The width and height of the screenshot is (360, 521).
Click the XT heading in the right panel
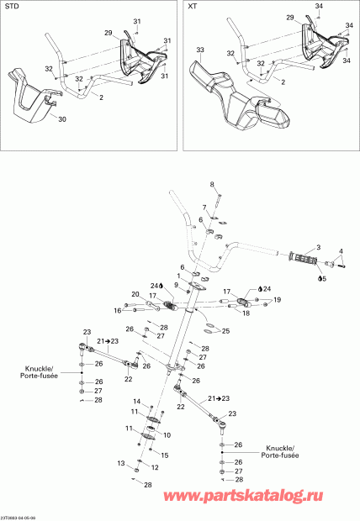[192, 6]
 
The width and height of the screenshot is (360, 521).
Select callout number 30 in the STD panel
[60, 119]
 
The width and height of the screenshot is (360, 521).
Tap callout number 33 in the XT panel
[200, 50]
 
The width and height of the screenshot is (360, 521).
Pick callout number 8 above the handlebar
[212, 184]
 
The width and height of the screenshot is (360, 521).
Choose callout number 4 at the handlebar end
[341, 250]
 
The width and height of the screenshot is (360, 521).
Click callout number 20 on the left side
[135, 293]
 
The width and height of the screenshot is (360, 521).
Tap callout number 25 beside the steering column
[225, 330]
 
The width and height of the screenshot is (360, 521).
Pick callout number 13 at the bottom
[120, 463]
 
